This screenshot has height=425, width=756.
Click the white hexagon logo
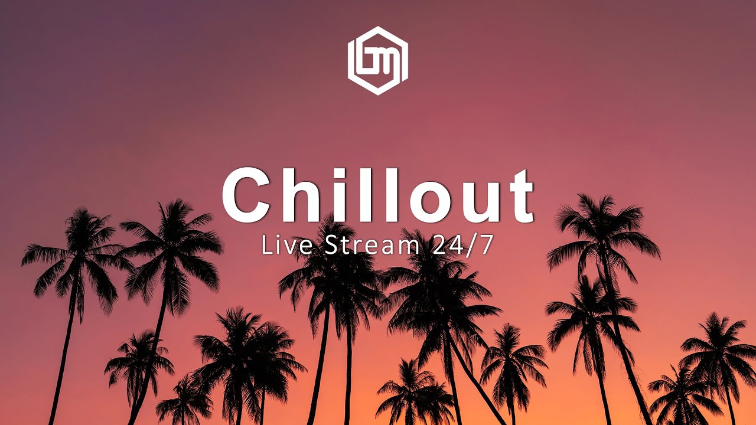click(x=378, y=60)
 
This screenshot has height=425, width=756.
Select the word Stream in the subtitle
click(x=370, y=246)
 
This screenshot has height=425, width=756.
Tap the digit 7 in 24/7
click(x=484, y=246)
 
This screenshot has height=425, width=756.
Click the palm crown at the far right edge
click(x=718, y=342)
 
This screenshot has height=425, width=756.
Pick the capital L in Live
click(x=266, y=246)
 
